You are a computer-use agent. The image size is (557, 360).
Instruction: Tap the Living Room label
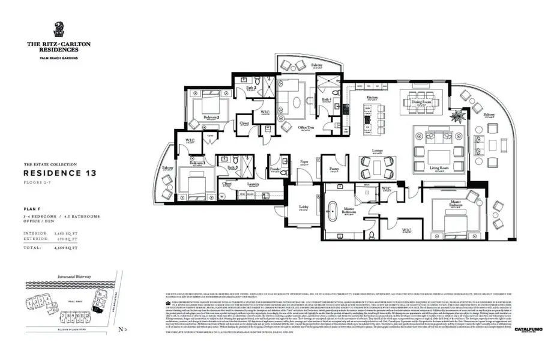[x=439, y=168]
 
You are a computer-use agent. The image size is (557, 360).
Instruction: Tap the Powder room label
[x=277, y=169]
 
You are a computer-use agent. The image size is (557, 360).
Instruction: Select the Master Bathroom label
[x=351, y=208]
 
